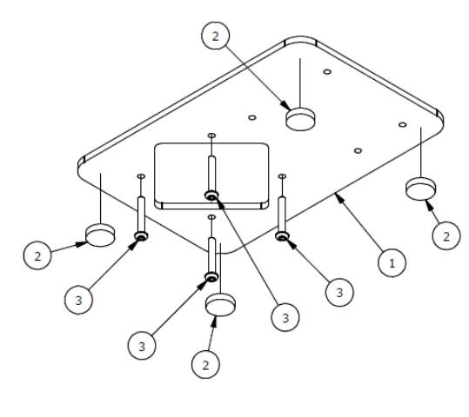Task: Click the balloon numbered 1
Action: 392,263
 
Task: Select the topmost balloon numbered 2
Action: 216,36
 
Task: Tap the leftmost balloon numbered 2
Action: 37,255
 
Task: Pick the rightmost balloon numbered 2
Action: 446,236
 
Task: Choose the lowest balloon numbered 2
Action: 205,365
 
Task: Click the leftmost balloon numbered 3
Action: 78,300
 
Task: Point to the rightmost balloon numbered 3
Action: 339,292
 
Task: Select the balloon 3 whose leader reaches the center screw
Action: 285,318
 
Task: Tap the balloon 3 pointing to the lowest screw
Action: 142,346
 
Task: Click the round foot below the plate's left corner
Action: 100,235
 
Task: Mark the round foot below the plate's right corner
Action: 421,189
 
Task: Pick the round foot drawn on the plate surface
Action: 300,119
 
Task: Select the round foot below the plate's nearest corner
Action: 220,305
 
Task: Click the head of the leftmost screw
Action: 141,236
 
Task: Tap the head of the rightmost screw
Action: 282,236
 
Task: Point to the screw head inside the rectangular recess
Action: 211,196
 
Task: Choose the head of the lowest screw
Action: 211,277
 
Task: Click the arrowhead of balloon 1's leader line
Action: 338,197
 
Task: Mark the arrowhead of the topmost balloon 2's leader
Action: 286,105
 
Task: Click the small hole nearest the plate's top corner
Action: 327,72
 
